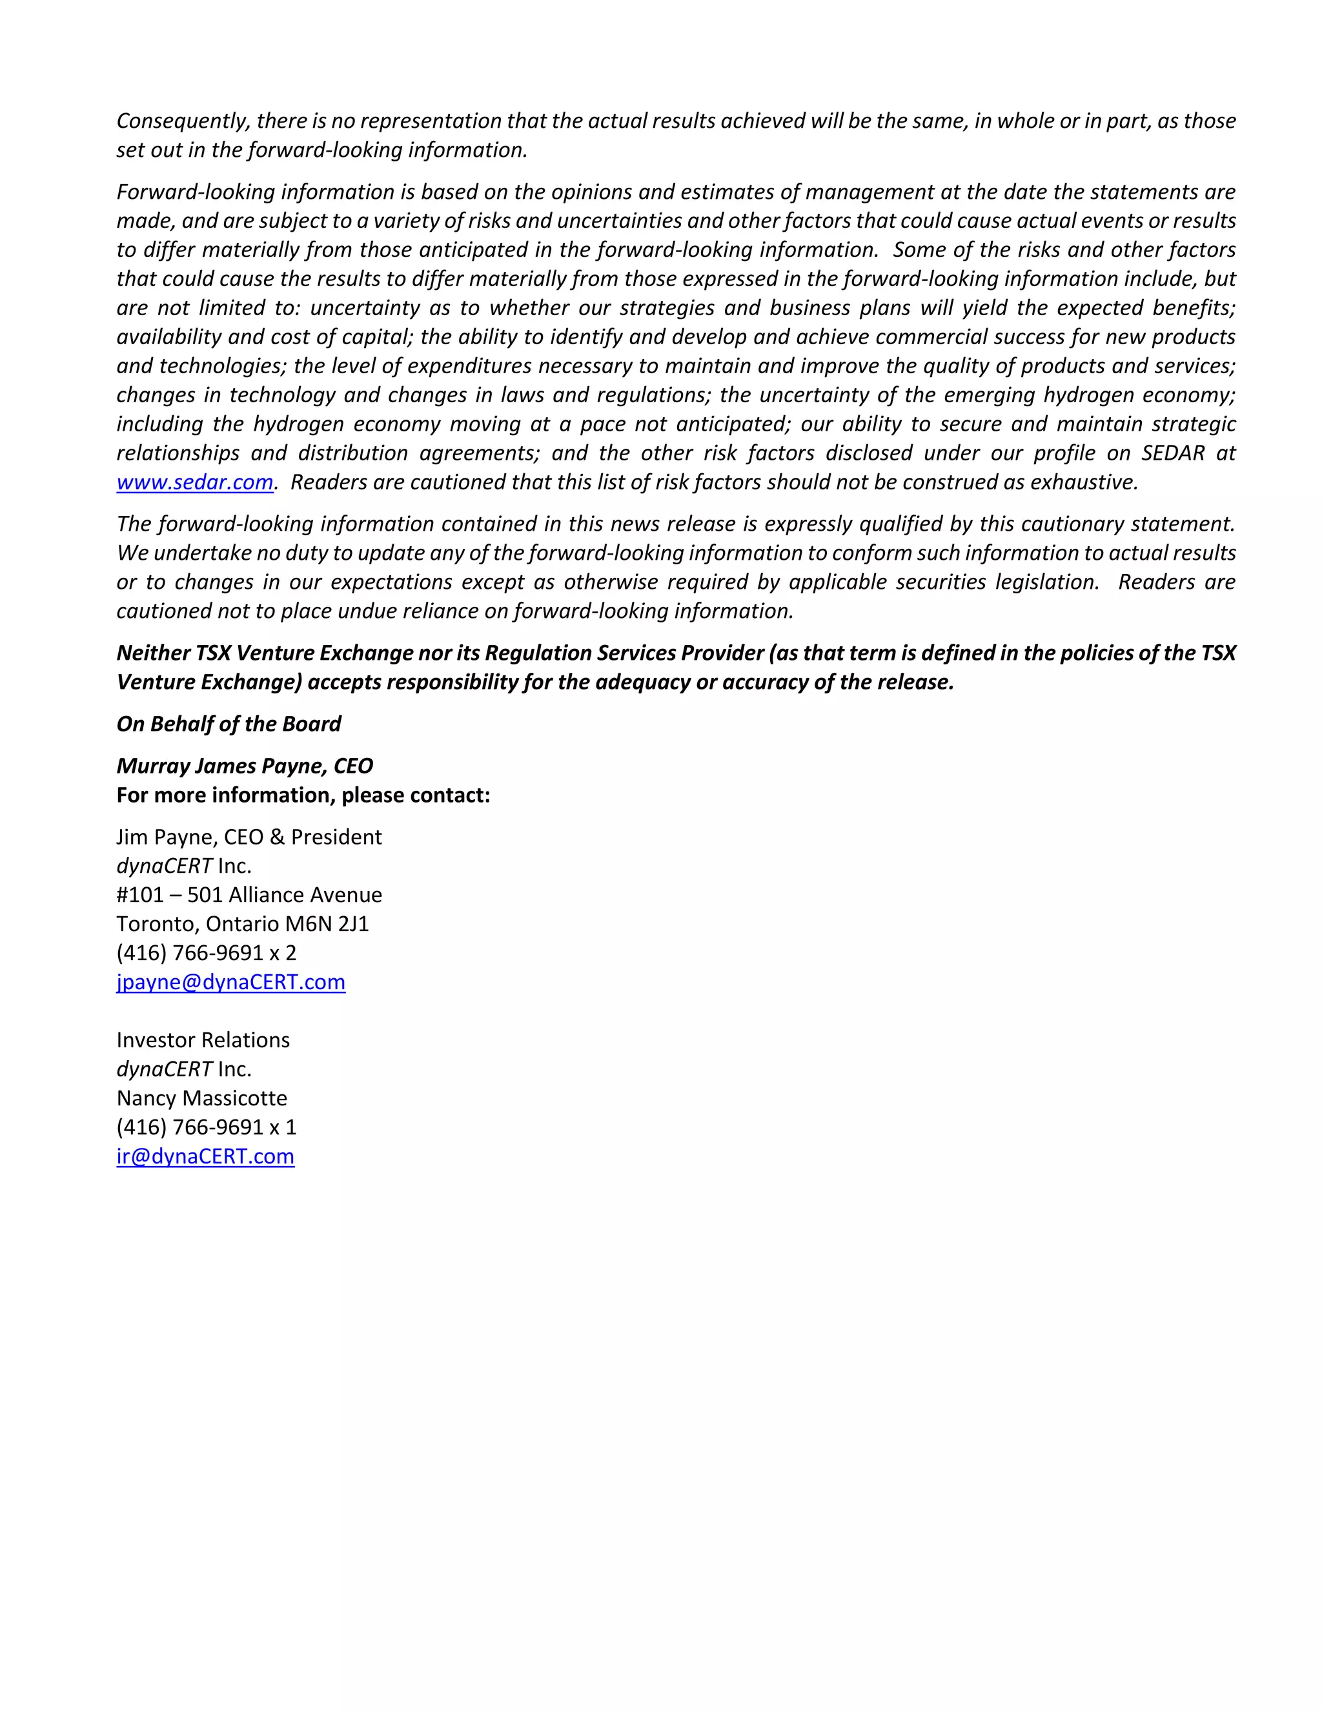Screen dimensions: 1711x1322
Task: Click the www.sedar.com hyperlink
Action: (194, 482)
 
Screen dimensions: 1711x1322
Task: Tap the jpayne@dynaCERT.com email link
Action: (230, 983)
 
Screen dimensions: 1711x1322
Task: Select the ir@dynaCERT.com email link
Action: (205, 1156)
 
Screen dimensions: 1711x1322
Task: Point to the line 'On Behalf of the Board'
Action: (229, 724)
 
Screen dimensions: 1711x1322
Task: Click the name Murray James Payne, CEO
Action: (245, 766)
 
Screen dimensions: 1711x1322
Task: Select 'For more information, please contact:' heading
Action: (303, 795)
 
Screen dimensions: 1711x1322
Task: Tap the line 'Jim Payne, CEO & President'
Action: (249, 837)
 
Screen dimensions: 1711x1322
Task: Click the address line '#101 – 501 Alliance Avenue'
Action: (249, 896)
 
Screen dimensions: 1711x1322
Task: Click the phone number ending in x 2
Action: (206, 954)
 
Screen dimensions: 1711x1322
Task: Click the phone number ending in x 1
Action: (206, 1127)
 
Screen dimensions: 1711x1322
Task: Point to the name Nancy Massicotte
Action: (201, 1098)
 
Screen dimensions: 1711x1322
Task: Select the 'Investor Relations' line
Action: (203, 1040)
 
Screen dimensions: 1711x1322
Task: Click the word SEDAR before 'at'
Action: (1172, 454)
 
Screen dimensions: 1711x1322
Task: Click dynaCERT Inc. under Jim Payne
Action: (184, 866)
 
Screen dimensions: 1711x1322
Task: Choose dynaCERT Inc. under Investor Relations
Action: (184, 1069)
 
